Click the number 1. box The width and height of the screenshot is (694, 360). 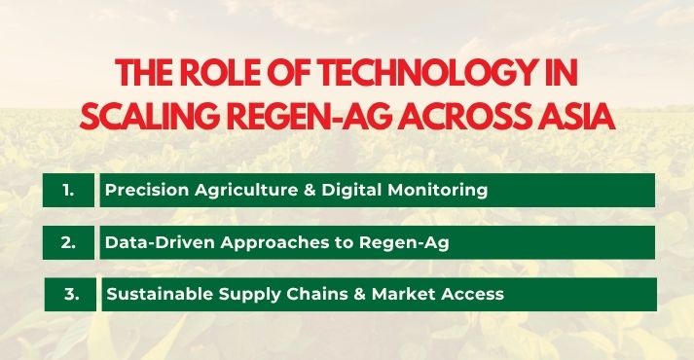68,191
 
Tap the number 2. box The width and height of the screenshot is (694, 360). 68,242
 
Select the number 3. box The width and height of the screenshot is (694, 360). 70,293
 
